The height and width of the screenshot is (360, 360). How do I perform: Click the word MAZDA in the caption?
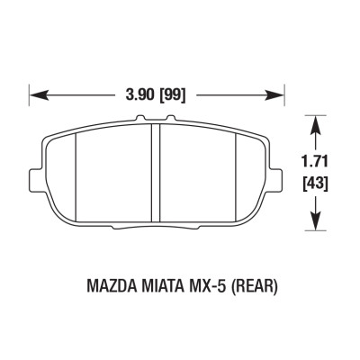(110, 288)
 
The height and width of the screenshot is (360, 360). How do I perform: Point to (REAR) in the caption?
(254, 288)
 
